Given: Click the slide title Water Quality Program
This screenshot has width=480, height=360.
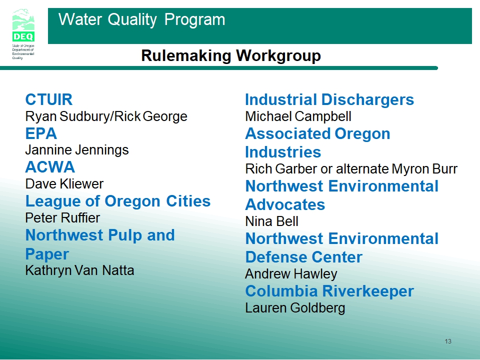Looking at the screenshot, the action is click(x=141, y=19).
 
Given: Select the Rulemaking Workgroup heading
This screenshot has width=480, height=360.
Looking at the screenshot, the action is click(x=231, y=55).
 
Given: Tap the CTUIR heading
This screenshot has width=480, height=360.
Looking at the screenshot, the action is click(x=48, y=99).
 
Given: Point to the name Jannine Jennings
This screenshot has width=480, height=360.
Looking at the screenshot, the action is click(x=77, y=150).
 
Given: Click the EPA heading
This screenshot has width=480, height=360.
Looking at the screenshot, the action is click(x=41, y=133).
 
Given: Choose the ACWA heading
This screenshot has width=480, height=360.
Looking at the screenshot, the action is click(x=50, y=167).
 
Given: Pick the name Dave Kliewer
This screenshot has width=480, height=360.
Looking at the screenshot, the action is click(x=64, y=184).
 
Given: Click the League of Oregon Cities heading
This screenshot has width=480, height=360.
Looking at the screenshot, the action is click(x=118, y=201).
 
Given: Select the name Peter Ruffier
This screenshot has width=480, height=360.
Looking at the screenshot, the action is click(x=62, y=218).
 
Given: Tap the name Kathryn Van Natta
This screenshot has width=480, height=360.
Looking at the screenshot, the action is click(x=79, y=270).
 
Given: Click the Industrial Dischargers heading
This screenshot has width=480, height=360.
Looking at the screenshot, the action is click(x=329, y=100).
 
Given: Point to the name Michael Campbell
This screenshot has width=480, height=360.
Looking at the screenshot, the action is click(x=298, y=116).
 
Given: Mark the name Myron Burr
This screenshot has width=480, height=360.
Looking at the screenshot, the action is click(x=424, y=169).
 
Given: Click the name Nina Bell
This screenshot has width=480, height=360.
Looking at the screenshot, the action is click(x=271, y=221).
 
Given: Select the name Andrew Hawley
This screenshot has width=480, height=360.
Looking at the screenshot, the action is click(x=291, y=274).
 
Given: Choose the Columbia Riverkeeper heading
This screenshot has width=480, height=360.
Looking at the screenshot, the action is click(x=329, y=291).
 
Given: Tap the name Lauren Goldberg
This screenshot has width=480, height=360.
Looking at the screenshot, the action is click(x=295, y=308).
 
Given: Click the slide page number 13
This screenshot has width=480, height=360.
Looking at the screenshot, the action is click(x=448, y=341).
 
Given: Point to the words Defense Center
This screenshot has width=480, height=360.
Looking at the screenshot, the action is click(x=303, y=257).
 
